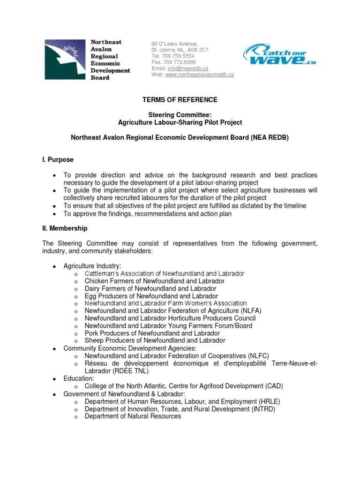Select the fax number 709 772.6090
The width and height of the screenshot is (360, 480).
tap(180, 62)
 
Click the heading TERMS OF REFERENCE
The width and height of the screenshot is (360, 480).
tap(180, 100)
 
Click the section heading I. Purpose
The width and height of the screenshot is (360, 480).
tap(58, 160)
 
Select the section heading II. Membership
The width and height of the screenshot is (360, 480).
tap(65, 229)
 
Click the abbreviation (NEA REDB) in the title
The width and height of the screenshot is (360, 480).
tap(270, 138)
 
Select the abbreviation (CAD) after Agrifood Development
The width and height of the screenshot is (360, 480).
tap(273, 386)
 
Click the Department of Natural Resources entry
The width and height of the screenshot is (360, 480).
tap(133, 416)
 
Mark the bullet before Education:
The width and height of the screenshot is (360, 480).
tap(54, 379)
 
